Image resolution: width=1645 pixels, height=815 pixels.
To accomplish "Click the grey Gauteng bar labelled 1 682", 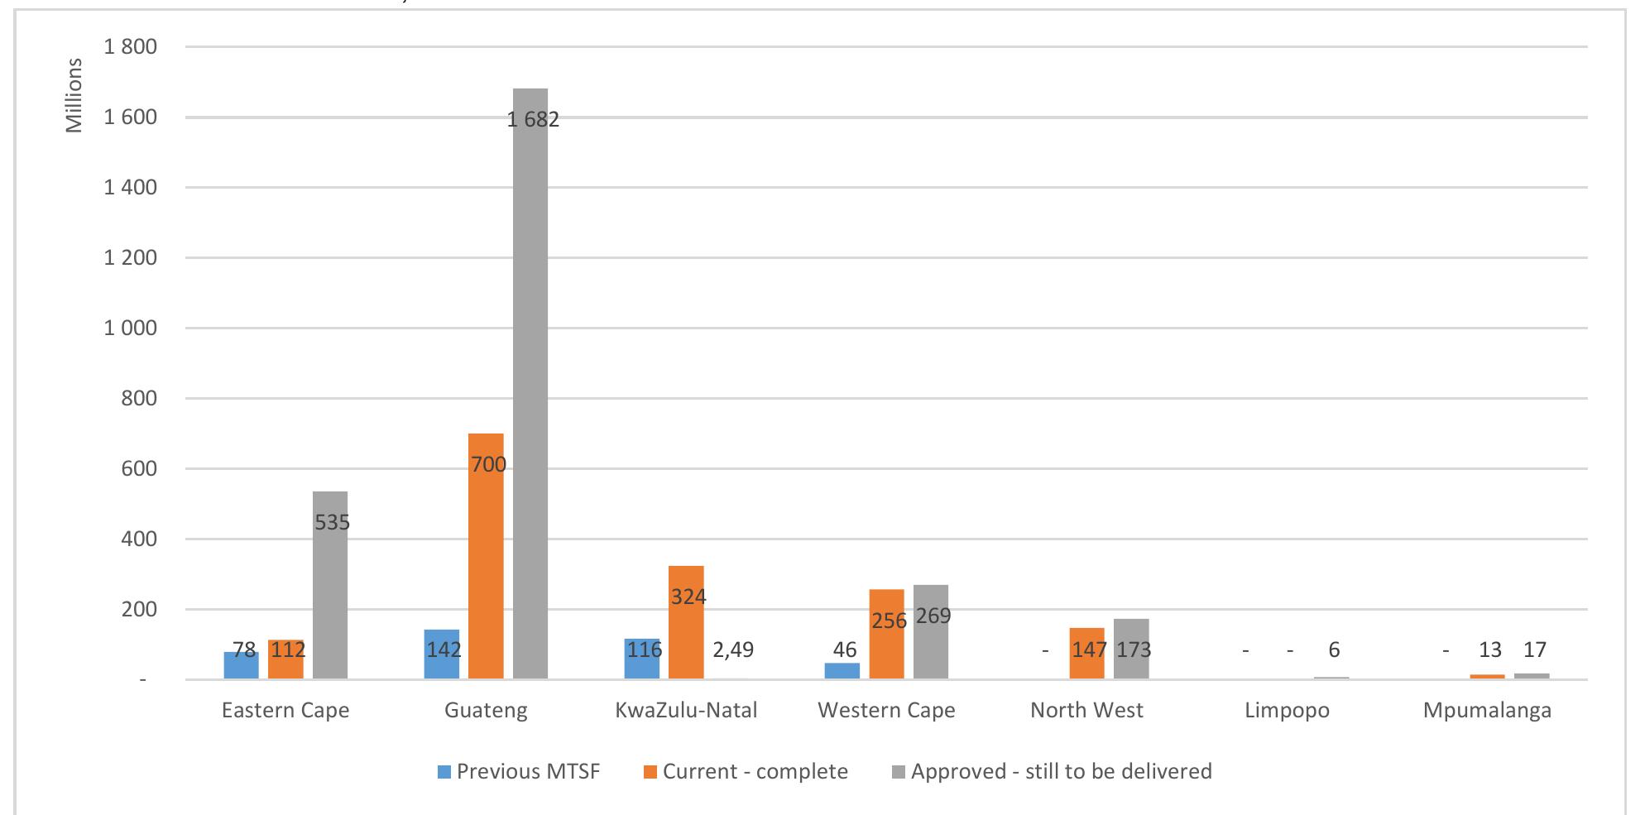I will pyautogui.click(x=530, y=381).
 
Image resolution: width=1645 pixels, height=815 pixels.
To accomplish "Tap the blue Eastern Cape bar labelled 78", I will pyautogui.click(x=241, y=665).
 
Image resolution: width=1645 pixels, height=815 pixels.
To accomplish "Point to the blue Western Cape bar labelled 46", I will pyautogui.click(x=842, y=671).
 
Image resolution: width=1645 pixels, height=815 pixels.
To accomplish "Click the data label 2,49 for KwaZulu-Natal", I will pyautogui.click(x=733, y=650).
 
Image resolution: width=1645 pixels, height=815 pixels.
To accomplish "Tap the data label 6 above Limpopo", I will pyautogui.click(x=1334, y=650).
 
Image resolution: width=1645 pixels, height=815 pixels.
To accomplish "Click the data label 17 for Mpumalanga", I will pyautogui.click(x=1534, y=650).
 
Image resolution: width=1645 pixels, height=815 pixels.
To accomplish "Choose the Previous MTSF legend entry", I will pyautogui.click(x=518, y=772).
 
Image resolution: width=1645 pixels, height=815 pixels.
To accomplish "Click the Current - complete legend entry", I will pyautogui.click(x=745, y=772).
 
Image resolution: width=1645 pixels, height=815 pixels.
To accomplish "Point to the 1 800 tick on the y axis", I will pyautogui.click(x=131, y=47).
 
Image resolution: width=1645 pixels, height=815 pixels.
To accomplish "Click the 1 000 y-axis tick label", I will pyautogui.click(x=131, y=328).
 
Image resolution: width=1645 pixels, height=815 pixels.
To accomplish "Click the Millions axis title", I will pyautogui.click(x=75, y=96).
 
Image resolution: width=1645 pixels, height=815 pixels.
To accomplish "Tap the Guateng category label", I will pyautogui.click(x=486, y=711).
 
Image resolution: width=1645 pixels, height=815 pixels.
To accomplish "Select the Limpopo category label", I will pyautogui.click(x=1287, y=711).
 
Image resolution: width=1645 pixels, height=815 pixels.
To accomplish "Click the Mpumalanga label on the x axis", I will pyautogui.click(x=1487, y=711).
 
